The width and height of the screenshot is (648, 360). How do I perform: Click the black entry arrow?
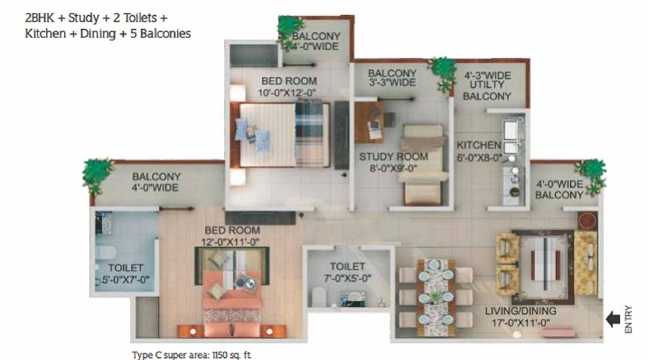click(x=613, y=319)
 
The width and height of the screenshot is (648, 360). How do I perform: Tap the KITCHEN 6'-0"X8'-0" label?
click(x=479, y=151)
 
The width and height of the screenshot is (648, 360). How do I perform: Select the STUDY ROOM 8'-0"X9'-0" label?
click(x=393, y=162)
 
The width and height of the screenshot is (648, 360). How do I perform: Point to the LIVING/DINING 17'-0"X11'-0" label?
click(x=521, y=317)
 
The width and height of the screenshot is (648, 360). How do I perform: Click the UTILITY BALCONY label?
click(x=487, y=86)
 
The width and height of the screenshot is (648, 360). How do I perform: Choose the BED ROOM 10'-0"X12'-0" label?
click(x=289, y=86)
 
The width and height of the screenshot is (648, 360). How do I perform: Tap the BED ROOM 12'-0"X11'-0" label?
click(x=233, y=235)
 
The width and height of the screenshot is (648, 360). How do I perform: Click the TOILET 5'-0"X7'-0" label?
click(x=124, y=274)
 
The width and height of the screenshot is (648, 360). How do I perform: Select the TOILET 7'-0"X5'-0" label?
click(x=348, y=272)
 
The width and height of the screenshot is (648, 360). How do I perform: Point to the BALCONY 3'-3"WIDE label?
click(x=392, y=78)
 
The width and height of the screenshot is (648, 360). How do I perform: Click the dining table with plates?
click(x=436, y=297)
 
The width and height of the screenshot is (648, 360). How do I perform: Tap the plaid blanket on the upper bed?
click(x=309, y=133)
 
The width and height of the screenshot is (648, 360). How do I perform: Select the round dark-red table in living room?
click(x=588, y=220)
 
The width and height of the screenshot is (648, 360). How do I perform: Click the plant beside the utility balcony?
click(x=442, y=73)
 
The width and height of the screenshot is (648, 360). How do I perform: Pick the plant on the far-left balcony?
click(x=97, y=174)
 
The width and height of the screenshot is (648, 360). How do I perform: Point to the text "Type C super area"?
click(x=171, y=355)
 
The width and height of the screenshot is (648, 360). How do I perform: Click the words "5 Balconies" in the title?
click(x=161, y=33)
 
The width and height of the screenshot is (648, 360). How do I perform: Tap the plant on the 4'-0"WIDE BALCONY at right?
click(x=591, y=175)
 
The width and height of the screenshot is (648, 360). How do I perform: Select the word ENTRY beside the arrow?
click(x=628, y=319)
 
